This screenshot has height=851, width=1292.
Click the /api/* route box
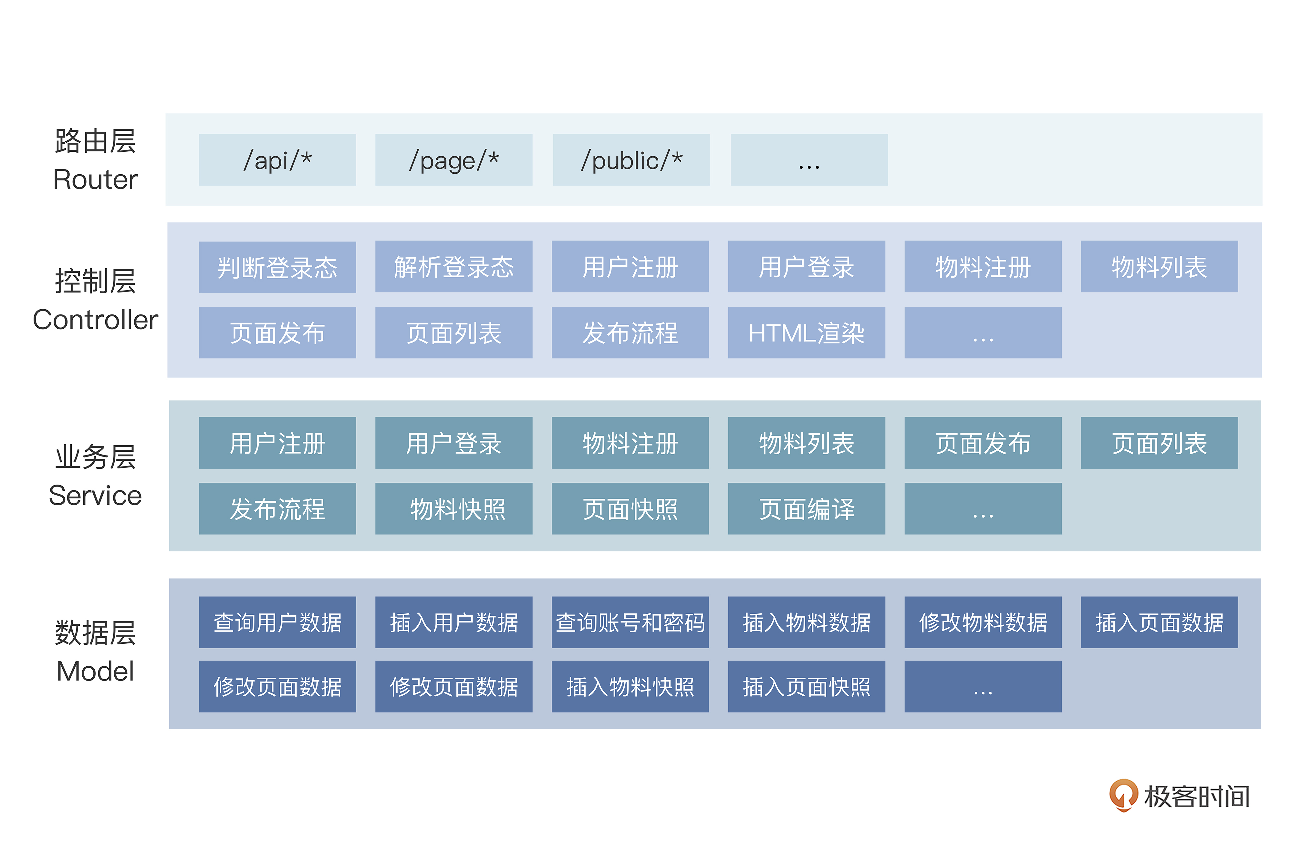click(x=277, y=160)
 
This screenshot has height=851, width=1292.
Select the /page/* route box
click(x=454, y=160)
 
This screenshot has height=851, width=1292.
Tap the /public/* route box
click(x=631, y=160)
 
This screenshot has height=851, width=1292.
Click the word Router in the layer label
click(x=96, y=179)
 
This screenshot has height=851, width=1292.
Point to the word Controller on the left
click(x=96, y=320)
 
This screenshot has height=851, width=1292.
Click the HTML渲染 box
click(x=807, y=333)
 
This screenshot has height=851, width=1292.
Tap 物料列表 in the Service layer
click(x=807, y=443)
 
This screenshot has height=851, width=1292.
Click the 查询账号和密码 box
click(x=630, y=622)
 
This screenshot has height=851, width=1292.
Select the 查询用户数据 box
click(x=277, y=622)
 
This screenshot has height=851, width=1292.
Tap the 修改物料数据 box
click(x=983, y=622)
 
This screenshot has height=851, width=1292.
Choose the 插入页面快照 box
click(x=807, y=687)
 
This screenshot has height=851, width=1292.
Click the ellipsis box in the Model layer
click(x=983, y=687)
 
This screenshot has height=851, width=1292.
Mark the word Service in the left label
click(x=96, y=496)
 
